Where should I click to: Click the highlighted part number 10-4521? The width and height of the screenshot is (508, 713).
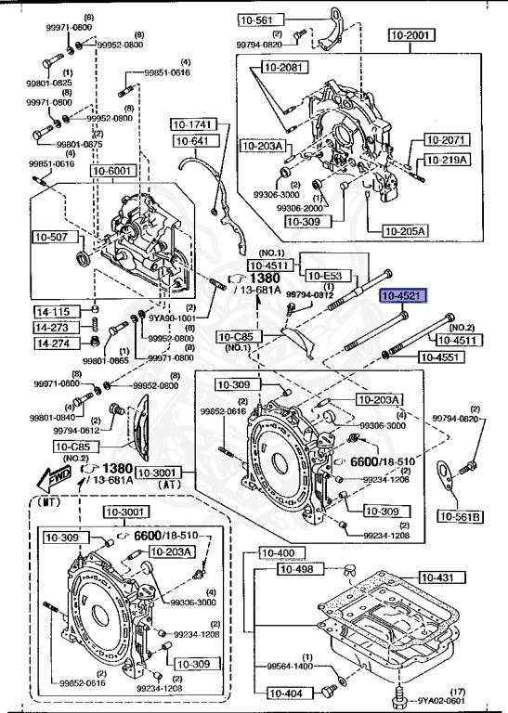pyautogui.click(x=403, y=296)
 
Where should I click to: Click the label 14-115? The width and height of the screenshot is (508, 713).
pyautogui.click(x=53, y=311)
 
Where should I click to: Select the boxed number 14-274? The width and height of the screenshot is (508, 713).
pyautogui.click(x=53, y=344)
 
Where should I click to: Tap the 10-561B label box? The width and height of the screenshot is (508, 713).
pyautogui.click(x=461, y=516)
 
